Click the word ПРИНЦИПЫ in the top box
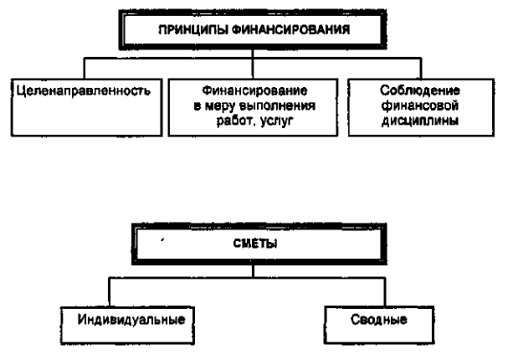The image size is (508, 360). click(x=193, y=30)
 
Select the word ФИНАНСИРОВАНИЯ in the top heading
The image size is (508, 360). click(x=291, y=30)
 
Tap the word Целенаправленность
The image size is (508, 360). click(x=84, y=90)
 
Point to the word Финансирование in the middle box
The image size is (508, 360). click(x=254, y=90)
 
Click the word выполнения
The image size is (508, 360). click(x=277, y=105)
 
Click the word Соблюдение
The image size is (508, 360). click(x=420, y=90)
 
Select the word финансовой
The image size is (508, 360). click(x=420, y=105)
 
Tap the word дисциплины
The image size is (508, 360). click(x=420, y=121)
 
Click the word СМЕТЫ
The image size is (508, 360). click(x=255, y=244)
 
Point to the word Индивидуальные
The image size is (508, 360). click(x=131, y=320)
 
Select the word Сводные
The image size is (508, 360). click(x=379, y=320)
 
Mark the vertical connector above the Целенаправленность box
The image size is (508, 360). click(x=85, y=69)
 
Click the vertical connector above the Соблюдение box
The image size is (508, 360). click(x=421, y=69)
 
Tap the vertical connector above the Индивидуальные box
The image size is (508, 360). click(x=110, y=292)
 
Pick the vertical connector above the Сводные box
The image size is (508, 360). click(x=385, y=292)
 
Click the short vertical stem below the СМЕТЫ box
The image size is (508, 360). click(x=253, y=271)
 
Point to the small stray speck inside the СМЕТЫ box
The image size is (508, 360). click(x=162, y=240)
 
